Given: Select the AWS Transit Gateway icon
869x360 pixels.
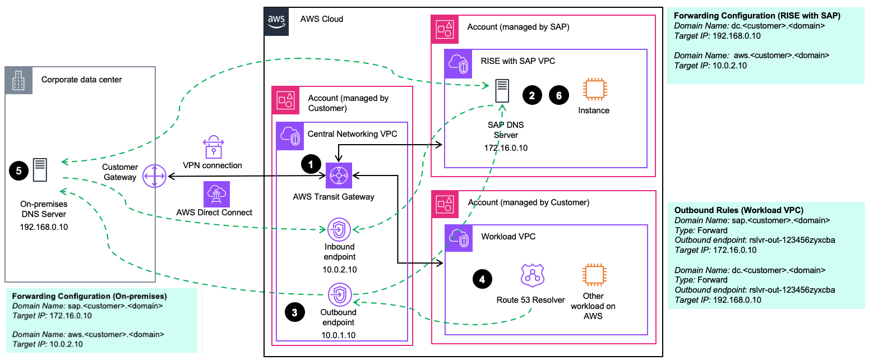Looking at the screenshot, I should pyautogui.click(x=339, y=176).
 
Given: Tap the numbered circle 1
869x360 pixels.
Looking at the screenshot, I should pyautogui.click(x=311, y=164).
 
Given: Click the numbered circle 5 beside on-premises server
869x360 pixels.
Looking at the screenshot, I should pyautogui.click(x=19, y=171).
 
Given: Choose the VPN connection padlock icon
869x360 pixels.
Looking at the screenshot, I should pyautogui.click(x=212, y=146).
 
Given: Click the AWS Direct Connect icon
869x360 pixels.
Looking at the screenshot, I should pyautogui.click(x=215, y=193).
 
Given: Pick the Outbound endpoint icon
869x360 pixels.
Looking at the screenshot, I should pyautogui.click(x=339, y=293).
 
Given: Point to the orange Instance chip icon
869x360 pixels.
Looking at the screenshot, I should pyautogui.click(x=594, y=90).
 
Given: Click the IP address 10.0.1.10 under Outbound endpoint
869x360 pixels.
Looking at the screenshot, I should pyautogui.click(x=339, y=335).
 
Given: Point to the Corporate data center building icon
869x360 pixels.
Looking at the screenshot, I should pyautogui.click(x=20, y=81).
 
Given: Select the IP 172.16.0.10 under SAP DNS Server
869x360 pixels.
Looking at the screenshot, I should pyautogui.click(x=505, y=148).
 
